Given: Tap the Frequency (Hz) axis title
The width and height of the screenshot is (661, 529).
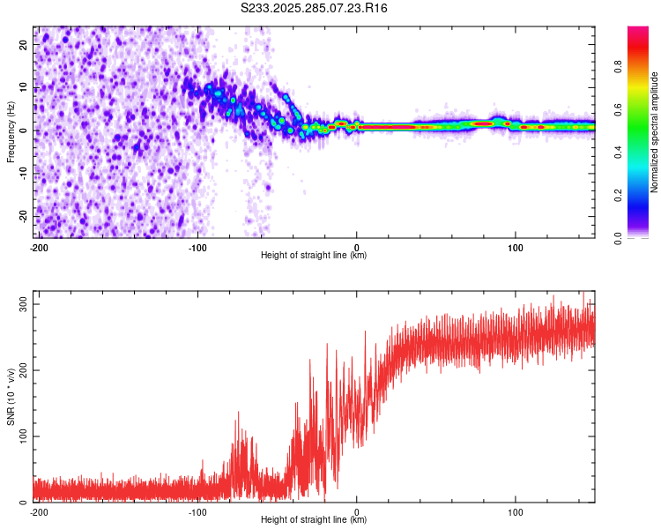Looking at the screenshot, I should pyautogui.click(x=11, y=131).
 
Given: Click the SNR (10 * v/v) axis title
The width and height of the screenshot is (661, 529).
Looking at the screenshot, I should pyautogui.click(x=11, y=397).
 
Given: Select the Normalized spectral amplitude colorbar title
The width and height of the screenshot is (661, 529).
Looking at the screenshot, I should pyautogui.click(x=655, y=132).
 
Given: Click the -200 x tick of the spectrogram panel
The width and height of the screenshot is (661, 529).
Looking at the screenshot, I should pyautogui.click(x=38, y=247).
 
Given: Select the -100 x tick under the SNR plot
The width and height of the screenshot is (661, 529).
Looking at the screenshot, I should pyautogui.click(x=197, y=511).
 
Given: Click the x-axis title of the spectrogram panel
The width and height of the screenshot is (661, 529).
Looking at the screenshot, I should pyautogui.click(x=314, y=256).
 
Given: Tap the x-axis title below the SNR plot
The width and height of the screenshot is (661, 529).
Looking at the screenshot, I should pyautogui.click(x=314, y=520).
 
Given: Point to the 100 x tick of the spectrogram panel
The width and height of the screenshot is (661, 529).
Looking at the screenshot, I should pyautogui.click(x=516, y=247).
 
